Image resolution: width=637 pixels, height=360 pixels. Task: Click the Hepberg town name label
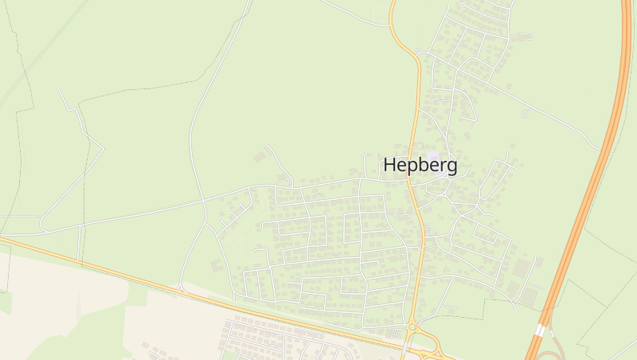(420, 165)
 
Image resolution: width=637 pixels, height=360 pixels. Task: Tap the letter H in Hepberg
(390, 165)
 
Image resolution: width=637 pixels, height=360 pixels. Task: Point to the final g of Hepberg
(451, 167)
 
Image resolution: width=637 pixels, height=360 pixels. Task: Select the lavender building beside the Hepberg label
(433, 156)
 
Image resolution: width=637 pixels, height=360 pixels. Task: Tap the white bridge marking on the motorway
(540, 329)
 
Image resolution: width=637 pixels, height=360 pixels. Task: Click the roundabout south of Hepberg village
(412, 327)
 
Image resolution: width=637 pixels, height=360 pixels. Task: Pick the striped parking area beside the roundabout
(394, 335)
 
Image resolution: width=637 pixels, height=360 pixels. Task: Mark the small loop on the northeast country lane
(524, 115)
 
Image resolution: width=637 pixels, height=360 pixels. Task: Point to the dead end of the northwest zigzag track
(60, 92)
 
